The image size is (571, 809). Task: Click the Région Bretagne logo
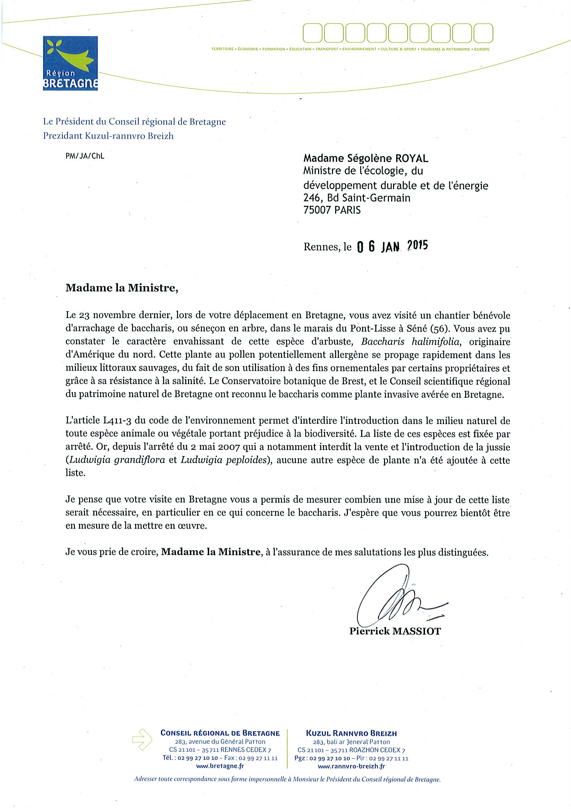[x=70, y=64]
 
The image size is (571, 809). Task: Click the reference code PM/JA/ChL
[x=85, y=156]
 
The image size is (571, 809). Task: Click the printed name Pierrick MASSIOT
[x=395, y=631]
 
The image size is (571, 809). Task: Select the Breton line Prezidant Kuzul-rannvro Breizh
[x=109, y=136]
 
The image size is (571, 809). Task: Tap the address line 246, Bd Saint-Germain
[x=357, y=198]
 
